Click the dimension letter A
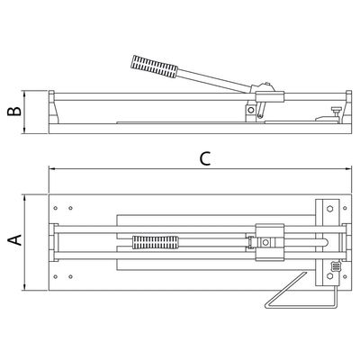[x=14, y=239]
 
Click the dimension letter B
[x=14, y=111]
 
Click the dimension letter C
[x=205, y=159]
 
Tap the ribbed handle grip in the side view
[x=154, y=67]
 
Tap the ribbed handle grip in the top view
[x=155, y=242]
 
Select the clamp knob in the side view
[x=336, y=110]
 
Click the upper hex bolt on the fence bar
[x=330, y=209]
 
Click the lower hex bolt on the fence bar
[x=330, y=276]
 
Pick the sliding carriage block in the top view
[x=269, y=242]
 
